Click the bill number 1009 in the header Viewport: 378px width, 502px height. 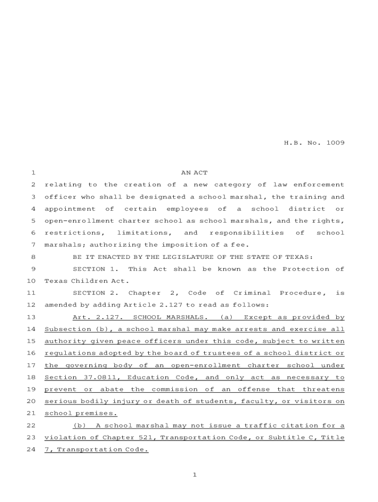coord(334,143)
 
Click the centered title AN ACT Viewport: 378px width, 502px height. coord(194,173)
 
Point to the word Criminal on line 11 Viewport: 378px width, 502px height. coord(252,293)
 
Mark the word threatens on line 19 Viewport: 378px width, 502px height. coord(324,389)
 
